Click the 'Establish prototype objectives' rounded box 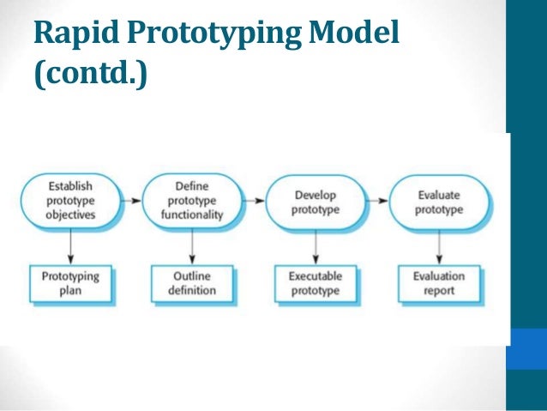tap(71, 200)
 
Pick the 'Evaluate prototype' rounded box tap(440, 202)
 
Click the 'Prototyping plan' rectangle tap(71, 283)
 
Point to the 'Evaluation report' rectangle tap(440, 283)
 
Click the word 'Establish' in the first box tap(71, 184)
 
